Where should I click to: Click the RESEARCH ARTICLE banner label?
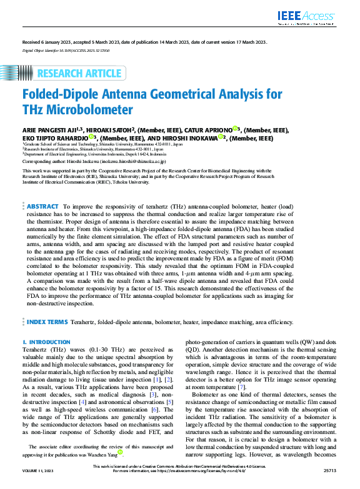[79, 74]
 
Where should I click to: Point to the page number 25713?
[329, 483]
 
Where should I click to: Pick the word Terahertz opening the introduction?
[36, 350]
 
